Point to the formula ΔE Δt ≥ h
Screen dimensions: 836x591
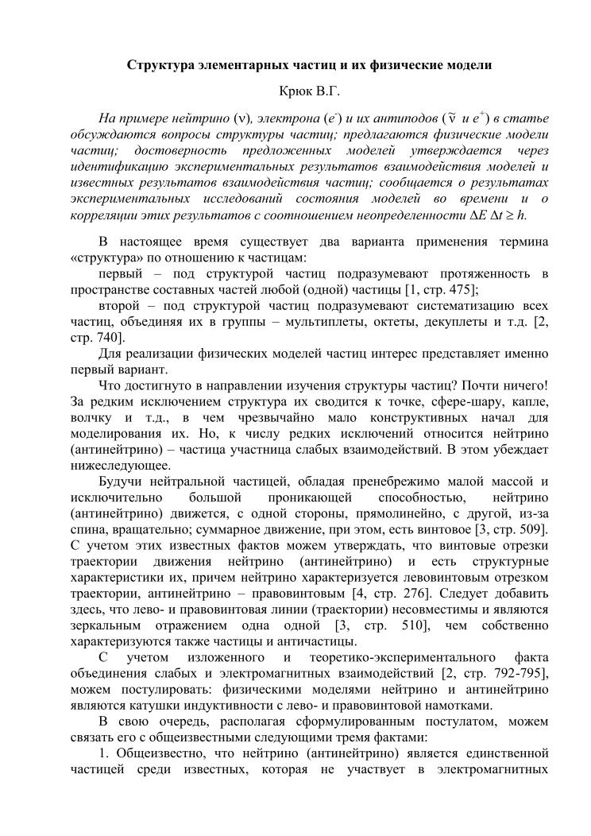[504, 215]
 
